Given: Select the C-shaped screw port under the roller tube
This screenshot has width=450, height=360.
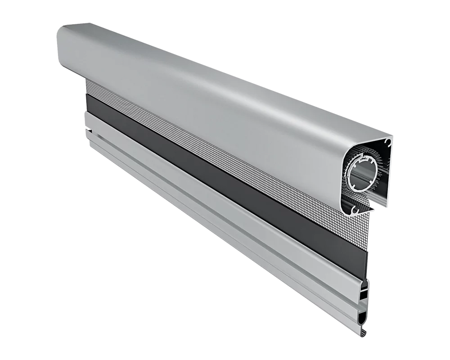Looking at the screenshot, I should (359, 208).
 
